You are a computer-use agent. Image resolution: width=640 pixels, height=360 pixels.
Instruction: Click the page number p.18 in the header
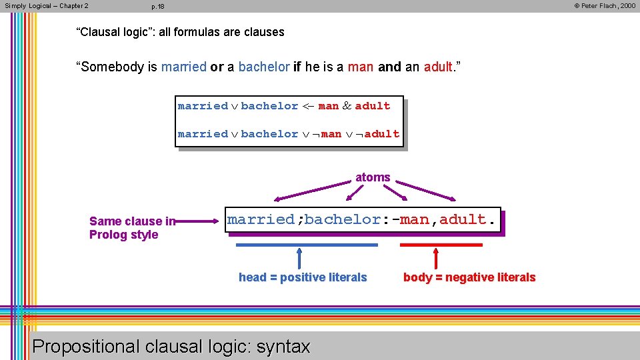click(158, 7)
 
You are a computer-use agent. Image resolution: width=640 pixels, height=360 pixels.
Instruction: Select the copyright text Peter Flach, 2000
click(605, 6)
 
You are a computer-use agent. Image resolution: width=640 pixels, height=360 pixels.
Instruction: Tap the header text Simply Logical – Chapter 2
click(47, 6)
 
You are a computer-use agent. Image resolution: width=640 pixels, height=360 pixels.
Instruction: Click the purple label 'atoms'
click(373, 177)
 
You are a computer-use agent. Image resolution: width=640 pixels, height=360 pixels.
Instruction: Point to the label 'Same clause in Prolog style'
click(131, 228)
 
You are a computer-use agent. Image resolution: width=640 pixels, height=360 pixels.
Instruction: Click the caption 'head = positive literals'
click(303, 277)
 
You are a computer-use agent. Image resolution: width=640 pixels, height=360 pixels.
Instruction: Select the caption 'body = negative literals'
click(469, 277)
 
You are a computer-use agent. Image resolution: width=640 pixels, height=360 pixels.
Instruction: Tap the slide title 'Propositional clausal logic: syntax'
click(171, 347)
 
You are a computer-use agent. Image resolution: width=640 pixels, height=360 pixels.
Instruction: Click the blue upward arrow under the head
click(299, 259)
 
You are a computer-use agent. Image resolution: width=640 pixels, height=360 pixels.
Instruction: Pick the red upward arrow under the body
click(436, 259)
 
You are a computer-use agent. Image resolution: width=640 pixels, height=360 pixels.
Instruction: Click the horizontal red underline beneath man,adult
click(441, 245)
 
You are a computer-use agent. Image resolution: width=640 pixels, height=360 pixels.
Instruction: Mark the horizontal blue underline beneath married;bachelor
click(307, 245)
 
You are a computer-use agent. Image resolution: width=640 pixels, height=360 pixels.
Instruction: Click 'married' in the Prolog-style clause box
click(261, 219)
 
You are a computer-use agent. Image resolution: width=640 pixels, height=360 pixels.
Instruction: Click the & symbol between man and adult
click(347, 106)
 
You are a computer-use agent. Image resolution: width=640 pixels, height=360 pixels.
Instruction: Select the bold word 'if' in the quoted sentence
click(297, 67)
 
